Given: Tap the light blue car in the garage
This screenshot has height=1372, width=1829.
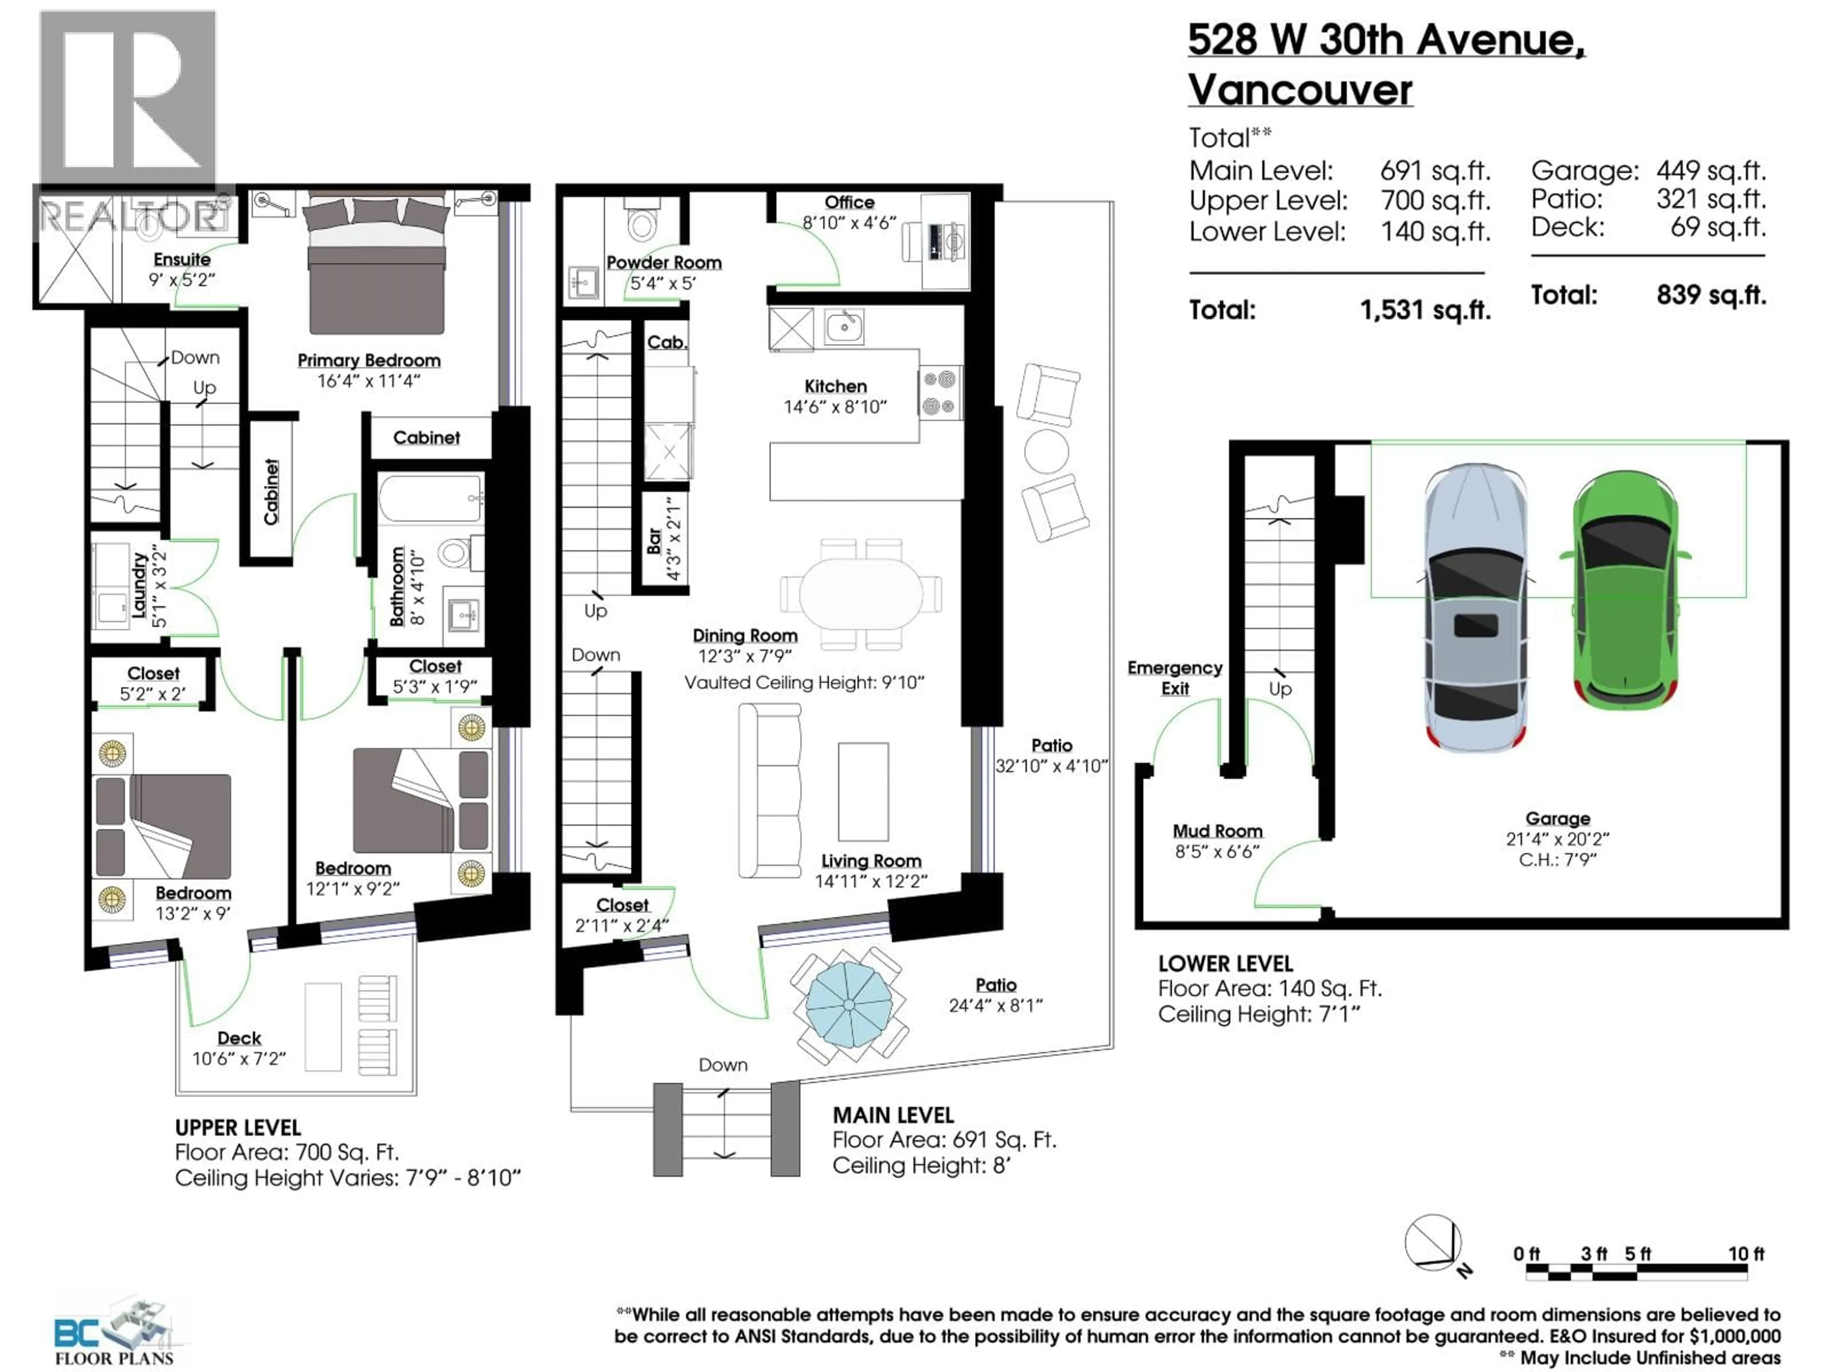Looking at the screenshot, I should coord(1476,608).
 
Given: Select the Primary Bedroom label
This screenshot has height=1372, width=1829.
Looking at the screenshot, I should coord(369,361).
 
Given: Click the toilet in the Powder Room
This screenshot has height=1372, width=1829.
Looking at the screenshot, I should coord(642,222).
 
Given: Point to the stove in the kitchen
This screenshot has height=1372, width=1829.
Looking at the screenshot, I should coord(940,393).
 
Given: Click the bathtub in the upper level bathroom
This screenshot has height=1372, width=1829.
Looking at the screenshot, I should coord(430,498).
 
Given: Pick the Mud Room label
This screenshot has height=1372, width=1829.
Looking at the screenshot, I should coord(1217,831).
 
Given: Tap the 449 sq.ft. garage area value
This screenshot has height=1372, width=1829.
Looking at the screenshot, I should coord(1710,171).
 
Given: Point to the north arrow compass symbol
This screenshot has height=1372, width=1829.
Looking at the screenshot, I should coord(1435,1243).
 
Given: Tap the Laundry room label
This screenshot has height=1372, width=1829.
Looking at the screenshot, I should coord(139,585).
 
